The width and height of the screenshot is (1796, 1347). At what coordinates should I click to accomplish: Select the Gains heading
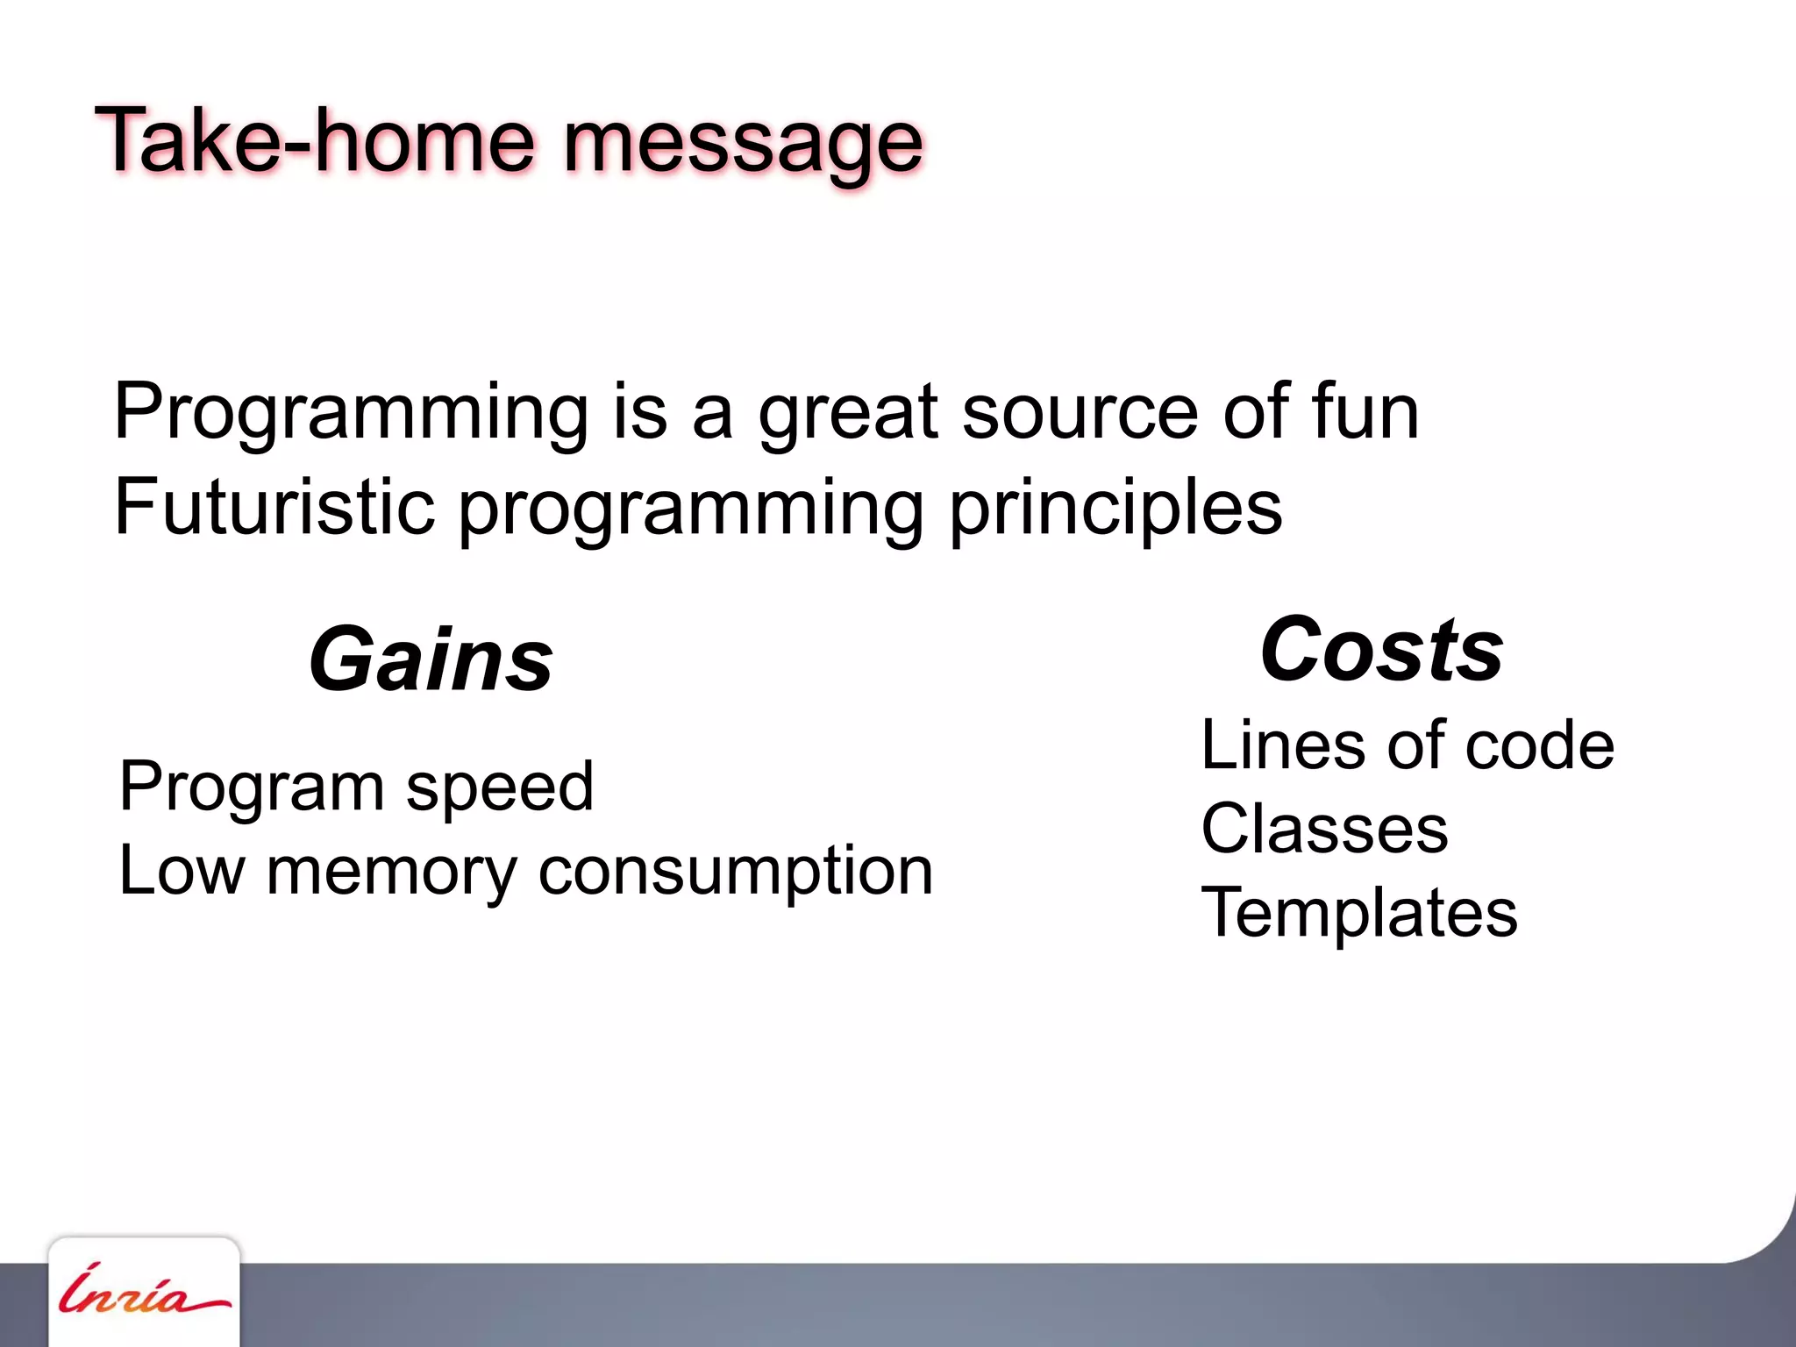tap(431, 659)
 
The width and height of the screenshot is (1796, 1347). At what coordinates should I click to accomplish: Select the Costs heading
tap(1382, 650)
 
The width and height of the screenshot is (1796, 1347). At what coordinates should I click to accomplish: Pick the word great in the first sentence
tap(848, 414)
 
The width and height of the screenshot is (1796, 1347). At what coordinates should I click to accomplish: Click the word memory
tap(391, 873)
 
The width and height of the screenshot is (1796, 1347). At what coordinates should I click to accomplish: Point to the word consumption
tap(735, 873)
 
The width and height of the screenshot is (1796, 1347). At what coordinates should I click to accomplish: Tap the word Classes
tap(1324, 829)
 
